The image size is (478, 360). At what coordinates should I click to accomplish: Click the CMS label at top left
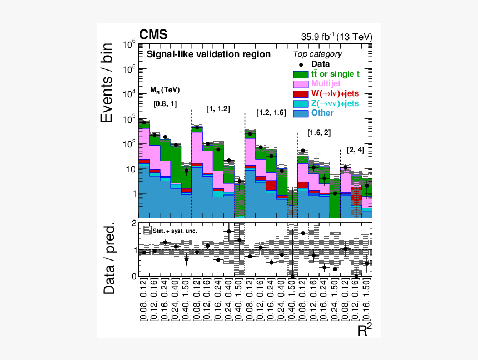click(x=153, y=35)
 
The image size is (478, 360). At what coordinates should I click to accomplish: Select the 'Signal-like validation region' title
click(x=208, y=54)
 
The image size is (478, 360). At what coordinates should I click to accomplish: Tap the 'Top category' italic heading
click(x=317, y=54)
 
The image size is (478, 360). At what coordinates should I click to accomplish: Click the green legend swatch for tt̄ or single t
click(x=301, y=73)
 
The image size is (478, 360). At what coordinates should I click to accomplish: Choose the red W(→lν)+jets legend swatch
click(x=301, y=93)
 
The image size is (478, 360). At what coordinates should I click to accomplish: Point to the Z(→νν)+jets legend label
click(x=335, y=103)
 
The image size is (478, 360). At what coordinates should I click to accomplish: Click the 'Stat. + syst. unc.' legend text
click(x=176, y=230)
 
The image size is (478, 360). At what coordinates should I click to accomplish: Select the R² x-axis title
click(x=365, y=331)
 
